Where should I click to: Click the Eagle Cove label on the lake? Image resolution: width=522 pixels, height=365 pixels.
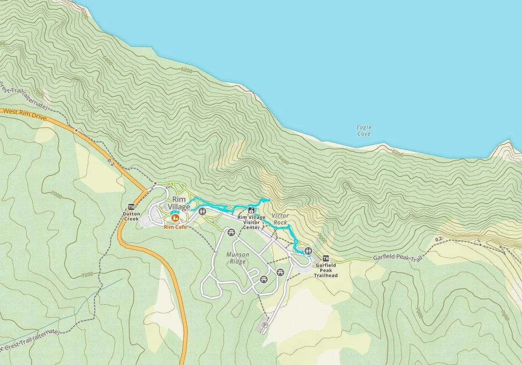click(364, 131)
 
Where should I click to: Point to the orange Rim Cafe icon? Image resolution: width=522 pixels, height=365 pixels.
click(174, 218)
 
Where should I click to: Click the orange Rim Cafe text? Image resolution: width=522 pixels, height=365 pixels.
click(175, 228)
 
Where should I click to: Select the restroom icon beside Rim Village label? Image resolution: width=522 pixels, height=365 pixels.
click(202, 210)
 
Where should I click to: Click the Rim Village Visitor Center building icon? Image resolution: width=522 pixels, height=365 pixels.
click(251, 210)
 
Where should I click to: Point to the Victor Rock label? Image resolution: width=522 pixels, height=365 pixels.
click(280, 219)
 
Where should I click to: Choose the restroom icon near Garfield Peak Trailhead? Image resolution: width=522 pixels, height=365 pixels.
click(309, 250)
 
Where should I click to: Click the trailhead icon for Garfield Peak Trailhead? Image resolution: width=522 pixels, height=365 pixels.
click(326, 258)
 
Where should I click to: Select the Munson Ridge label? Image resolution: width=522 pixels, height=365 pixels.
click(237, 258)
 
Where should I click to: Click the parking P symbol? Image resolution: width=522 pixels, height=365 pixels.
click(265, 325)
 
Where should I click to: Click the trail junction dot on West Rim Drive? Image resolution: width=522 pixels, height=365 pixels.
click(76, 130)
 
